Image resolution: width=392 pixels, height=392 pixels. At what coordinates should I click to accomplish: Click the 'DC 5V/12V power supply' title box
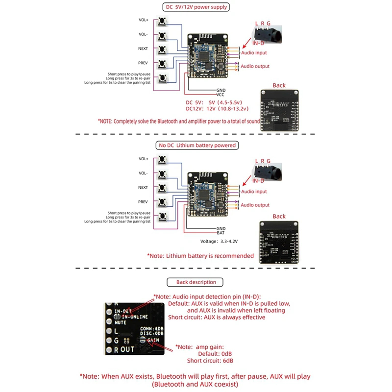click(x=195, y=7)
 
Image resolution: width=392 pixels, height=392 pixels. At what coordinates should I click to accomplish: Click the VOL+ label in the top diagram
click(x=143, y=20)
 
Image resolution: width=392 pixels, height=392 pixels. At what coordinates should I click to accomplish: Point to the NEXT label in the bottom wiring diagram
click(x=143, y=187)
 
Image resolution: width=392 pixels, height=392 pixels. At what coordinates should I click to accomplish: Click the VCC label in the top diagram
click(x=220, y=95)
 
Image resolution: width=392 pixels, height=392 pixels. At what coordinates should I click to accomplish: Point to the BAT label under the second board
click(x=220, y=233)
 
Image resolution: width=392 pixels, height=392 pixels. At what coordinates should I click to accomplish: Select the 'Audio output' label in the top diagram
click(x=255, y=66)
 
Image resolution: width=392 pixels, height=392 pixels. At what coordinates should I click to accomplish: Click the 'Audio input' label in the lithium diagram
click(x=254, y=192)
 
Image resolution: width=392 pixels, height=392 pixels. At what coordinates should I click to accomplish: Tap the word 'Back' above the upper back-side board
click(x=279, y=85)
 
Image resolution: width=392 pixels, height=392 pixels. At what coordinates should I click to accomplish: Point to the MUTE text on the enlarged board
click(x=121, y=323)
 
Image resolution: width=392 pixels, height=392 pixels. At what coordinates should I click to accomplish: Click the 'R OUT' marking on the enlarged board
click(x=123, y=349)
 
